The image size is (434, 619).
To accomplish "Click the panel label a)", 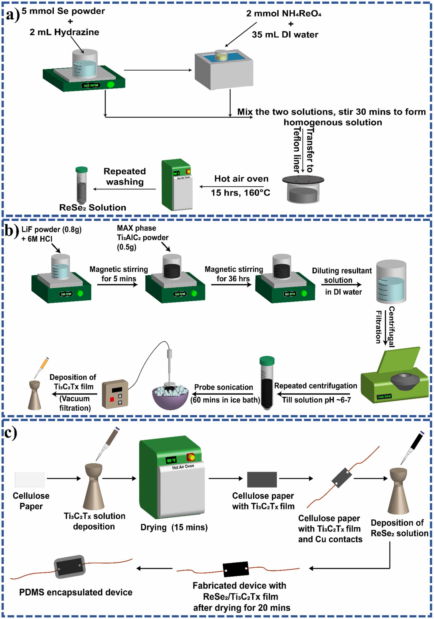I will (12, 15).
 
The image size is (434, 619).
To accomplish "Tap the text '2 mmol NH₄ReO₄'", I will (283, 13).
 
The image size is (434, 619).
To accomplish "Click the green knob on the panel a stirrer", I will (110, 85).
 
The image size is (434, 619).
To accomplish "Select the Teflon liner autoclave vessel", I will (303, 190).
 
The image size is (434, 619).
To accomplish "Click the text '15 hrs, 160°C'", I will (240, 193).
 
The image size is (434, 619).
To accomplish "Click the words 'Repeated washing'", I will (125, 177).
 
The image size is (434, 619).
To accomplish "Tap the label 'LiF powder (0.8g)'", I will (51, 229).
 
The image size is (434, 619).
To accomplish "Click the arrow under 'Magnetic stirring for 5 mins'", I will (118, 285).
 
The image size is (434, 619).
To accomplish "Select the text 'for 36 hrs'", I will (233, 278).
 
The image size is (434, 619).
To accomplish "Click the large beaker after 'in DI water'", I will (391, 282).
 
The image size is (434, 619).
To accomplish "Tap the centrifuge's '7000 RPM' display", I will (384, 397).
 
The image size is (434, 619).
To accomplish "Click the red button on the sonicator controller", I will (112, 399).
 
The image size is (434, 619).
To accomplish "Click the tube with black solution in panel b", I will (267, 384).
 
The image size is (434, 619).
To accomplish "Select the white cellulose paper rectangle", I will (30, 480).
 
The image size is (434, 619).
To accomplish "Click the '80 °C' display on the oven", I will (171, 460).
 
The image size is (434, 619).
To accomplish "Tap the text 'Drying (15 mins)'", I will (174, 527).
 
